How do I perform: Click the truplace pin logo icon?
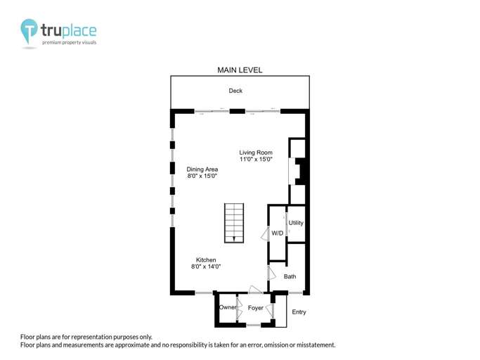[30, 32]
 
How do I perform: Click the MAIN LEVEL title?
[240, 70]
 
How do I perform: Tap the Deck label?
[235, 91]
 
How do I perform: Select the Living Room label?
[255, 153]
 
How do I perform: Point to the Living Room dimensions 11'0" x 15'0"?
[255, 160]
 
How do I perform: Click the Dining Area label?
[202, 169]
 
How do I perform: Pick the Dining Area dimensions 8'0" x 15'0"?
[202, 176]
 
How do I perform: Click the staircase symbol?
[234, 223]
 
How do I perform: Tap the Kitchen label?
[206, 259]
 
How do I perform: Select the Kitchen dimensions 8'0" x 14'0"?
[206, 267]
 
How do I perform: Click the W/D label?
[278, 233]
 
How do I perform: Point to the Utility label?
[296, 223]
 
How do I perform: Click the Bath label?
[290, 276]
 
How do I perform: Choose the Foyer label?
[255, 308]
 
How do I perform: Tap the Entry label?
[299, 312]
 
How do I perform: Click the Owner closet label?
[227, 308]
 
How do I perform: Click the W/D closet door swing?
[264, 235]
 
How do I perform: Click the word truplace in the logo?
[68, 30]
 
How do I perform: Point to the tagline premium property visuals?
[69, 43]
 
